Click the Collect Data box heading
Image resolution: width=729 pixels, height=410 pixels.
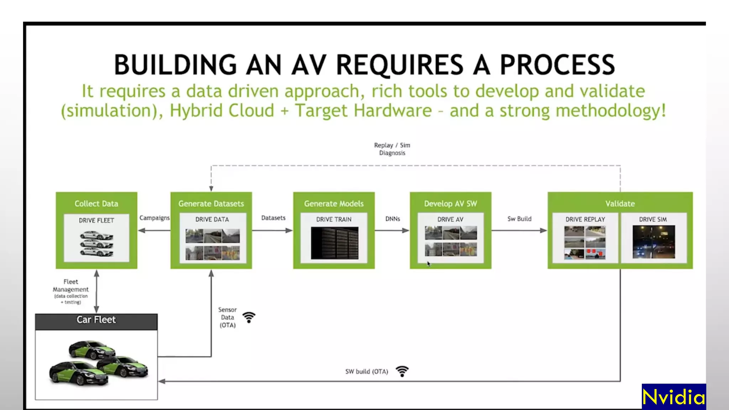(96, 204)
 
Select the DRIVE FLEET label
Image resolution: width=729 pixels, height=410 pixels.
(96, 220)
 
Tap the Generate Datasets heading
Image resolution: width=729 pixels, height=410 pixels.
(211, 204)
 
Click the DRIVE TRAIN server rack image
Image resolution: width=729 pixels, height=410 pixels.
(334, 243)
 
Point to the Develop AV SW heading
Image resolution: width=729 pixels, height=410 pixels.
(450, 204)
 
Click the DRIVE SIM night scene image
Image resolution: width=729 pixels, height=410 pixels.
(654, 242)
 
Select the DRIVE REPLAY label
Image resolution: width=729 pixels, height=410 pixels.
(585, 219)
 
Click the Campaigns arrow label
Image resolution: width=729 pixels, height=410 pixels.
(154, 218)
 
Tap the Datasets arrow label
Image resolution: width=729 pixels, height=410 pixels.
(273, 218)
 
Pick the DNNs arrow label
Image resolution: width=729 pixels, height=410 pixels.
(393, 219)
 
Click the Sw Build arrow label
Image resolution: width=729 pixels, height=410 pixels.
(519, 219)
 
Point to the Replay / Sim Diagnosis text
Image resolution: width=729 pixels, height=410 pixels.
(392, 149)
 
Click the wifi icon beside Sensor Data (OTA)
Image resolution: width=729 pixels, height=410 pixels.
(249, 317)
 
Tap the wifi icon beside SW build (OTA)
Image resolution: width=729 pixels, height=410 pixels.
(402, 371)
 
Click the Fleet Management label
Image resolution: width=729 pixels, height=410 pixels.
(71, 286)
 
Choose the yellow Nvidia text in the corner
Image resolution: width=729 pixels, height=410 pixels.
(673, 396)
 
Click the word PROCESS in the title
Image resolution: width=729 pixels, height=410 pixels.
(557, 65)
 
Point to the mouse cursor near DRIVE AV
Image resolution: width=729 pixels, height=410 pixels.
(429, 264)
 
